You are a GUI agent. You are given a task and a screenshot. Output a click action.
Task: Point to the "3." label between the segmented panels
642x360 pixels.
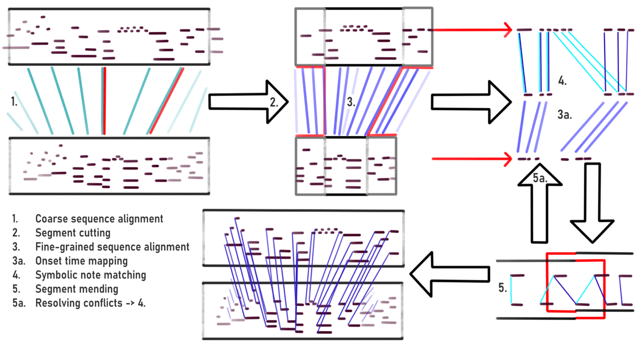351,102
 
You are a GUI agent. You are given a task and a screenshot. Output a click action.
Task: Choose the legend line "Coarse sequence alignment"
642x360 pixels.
99,219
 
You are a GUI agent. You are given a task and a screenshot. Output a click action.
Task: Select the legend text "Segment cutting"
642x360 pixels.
73,233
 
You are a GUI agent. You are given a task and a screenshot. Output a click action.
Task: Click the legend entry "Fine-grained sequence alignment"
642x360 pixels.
112,247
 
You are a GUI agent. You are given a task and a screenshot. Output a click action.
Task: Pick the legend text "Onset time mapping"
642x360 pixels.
81,261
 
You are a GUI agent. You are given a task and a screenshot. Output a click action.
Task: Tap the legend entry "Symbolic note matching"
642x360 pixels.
90,275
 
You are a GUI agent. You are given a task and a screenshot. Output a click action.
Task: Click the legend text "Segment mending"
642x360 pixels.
77,289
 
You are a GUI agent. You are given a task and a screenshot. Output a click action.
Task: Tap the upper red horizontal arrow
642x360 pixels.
471,30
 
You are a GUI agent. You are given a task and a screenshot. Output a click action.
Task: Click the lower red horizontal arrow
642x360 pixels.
471,158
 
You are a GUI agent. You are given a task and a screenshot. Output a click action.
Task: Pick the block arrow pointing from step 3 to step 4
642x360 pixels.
465,101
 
